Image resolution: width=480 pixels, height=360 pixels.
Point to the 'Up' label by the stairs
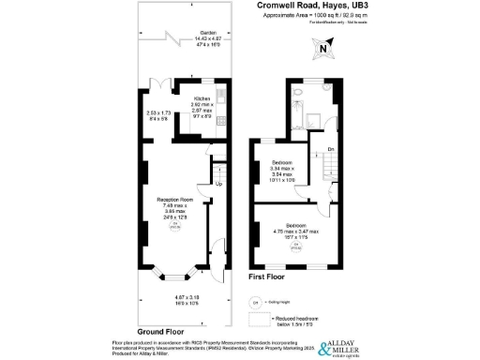pos(219,184)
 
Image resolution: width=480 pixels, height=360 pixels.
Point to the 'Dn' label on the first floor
pos(330,147)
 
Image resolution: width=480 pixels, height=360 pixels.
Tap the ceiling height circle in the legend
pos(255,301)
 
